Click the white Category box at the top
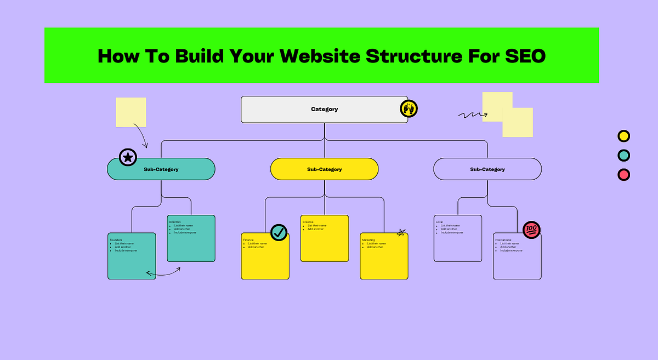coord(324,109)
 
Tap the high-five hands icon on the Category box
coord(409,108)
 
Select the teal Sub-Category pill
coord(161,169)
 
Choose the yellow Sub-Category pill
coord(324,169)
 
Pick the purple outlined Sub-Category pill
coord(487,169)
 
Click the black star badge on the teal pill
coord(128,158)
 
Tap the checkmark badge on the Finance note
coord(279,232)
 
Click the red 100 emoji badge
coord(531,230)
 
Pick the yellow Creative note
coord(324,244)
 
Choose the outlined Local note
coord(457,244)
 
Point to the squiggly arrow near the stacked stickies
coord(472,115)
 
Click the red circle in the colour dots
coord(623,175)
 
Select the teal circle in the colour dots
coord(623,155)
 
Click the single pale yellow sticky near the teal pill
coord(131,112)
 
